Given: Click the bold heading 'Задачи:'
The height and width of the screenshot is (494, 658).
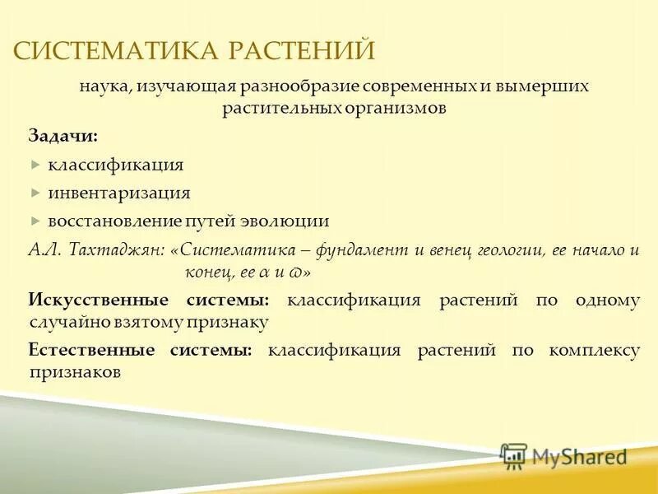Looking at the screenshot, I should tap(63, 135).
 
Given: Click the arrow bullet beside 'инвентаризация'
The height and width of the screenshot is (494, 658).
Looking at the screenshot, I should tap(35, 193).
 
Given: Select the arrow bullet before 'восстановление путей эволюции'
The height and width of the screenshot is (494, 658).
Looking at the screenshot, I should tap(35, 221).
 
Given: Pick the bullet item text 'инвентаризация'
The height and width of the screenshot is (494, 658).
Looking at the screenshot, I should tap(118, 193).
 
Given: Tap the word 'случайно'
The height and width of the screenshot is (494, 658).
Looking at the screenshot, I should tap(63, 322).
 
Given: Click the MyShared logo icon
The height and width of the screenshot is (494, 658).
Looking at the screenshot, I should tap(514, 455).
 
